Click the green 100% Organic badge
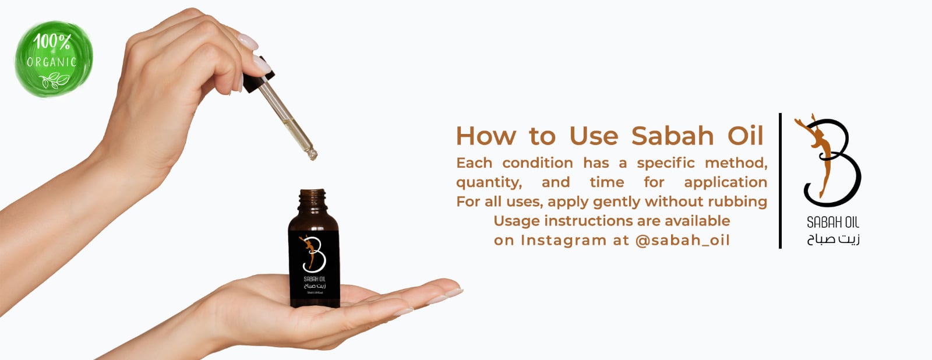(x=53, y=59)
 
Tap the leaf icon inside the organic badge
(x=55, y=80)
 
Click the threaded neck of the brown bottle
(x=313, y=200)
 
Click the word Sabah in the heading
(x=672, y=136)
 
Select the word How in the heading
(x=486, y=136)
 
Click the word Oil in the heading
(x=744, y=136)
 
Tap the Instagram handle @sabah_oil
(x=682, y=240)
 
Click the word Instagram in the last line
(x=563, y=240)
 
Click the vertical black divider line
(x=780, y=181)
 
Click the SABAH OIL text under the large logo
(x=832, y=222)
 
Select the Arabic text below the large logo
(x=833, y=239)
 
